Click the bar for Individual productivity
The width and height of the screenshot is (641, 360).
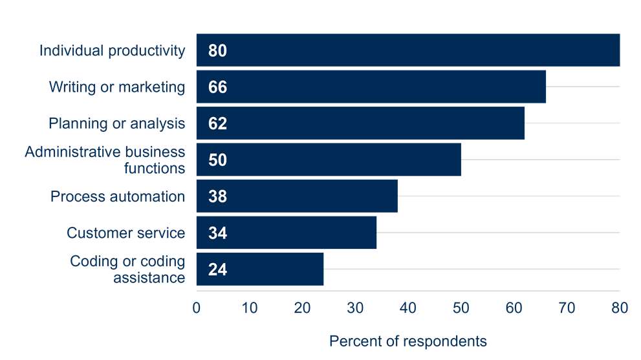[407, 50]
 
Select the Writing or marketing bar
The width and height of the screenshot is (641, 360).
[371, 87]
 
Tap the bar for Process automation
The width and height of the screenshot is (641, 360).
[297, 196]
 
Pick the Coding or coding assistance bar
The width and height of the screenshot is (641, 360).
[259, 269]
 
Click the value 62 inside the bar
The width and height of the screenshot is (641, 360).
[217, 123]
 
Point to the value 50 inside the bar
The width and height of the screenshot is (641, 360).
[217, 160]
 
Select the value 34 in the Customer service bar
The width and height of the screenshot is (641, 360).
[217, 233]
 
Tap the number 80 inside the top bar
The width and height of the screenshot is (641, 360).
[217, 50]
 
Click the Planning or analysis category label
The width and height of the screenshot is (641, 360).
[117, 123]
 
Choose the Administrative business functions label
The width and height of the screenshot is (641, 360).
[105, 160]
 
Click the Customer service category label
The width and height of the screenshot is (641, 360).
[125, 233]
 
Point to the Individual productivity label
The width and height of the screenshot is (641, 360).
[112, 50]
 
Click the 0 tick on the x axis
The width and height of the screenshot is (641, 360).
[197, 308]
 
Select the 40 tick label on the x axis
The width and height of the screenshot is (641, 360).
[407, 308]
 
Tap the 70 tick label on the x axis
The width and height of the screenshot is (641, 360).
[567, 308]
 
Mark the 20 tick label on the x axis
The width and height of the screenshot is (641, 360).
[302, 308]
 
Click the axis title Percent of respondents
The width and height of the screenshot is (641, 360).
[407, 340]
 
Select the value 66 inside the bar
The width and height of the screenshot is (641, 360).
[217, 87]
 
